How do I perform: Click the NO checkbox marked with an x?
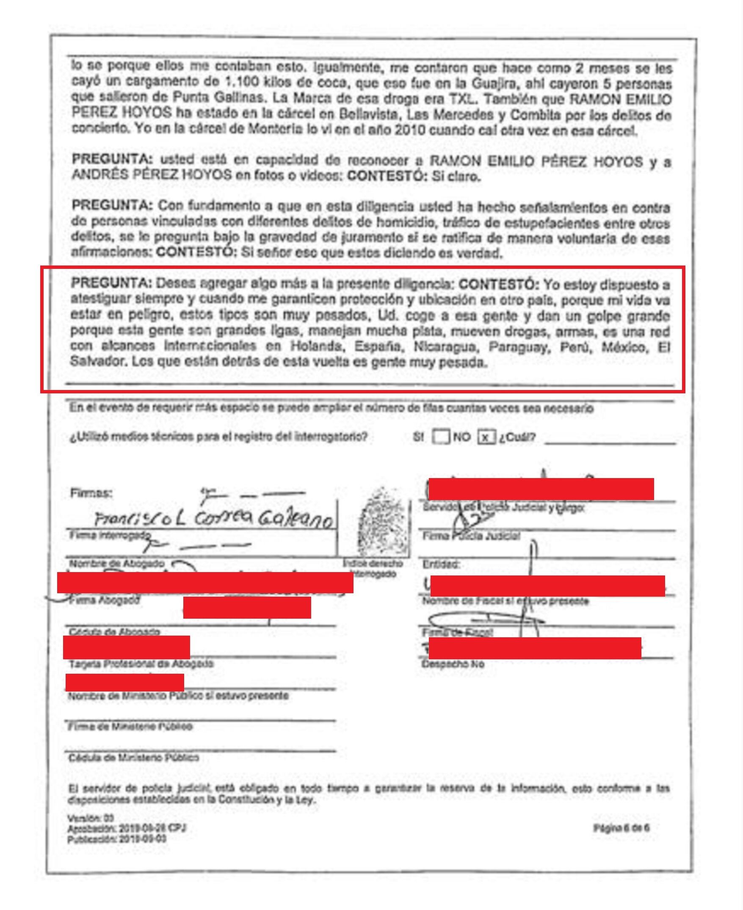click(x=486, y=437)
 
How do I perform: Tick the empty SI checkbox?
click(x=440, y=437)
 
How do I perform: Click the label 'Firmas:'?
click(x=91, y=493)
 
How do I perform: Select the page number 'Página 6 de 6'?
click(x=621, y=828)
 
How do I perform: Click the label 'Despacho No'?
click(x=453, y=664)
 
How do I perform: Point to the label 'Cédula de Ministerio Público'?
click(x=133, y=758)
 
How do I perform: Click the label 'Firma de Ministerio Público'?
click(x=130, y=726)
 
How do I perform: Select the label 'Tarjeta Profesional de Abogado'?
click(x=141, y=664)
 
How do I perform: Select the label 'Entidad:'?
click(x=441, y=564)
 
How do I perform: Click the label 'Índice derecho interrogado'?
click(x=373, y=568)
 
